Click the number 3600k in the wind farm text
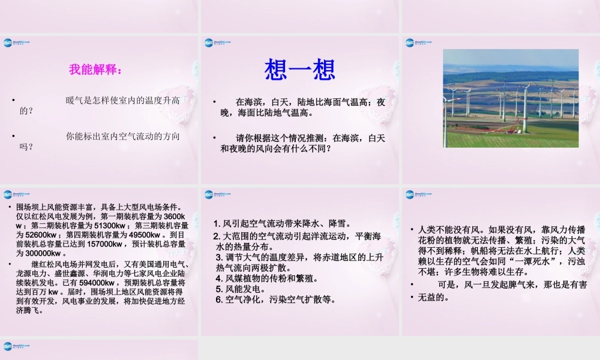pos(177,217)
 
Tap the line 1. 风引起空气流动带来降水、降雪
pos(283,223)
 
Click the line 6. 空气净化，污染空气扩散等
pos(275,299)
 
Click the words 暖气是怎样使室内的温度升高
pos(122,100)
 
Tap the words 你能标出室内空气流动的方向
pos(122,136)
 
